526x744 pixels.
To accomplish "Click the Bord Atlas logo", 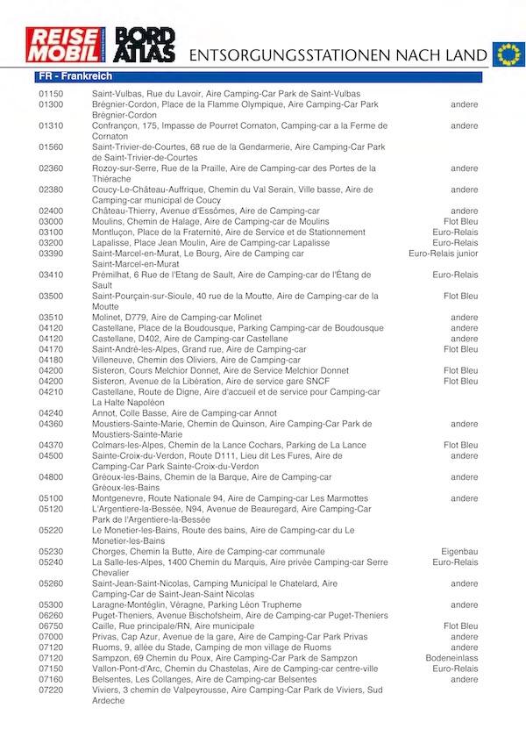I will (147, 45).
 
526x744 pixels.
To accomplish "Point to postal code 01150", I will (51, 94).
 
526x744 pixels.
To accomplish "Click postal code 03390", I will (51, 254).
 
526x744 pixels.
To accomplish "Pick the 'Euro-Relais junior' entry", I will (444, 254).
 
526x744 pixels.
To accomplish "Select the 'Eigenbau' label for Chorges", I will (459, 552).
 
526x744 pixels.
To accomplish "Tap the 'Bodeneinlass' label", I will (452, 658).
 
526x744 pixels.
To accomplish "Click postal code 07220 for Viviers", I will (51, 690).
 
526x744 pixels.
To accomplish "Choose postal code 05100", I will (51, 498).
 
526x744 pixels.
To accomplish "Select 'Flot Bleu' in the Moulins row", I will (461, 221).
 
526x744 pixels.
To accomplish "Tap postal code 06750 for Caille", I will (51, 626).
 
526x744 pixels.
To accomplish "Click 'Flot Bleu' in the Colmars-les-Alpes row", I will (461, 446).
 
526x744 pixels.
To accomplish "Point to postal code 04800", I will (51, 477).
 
